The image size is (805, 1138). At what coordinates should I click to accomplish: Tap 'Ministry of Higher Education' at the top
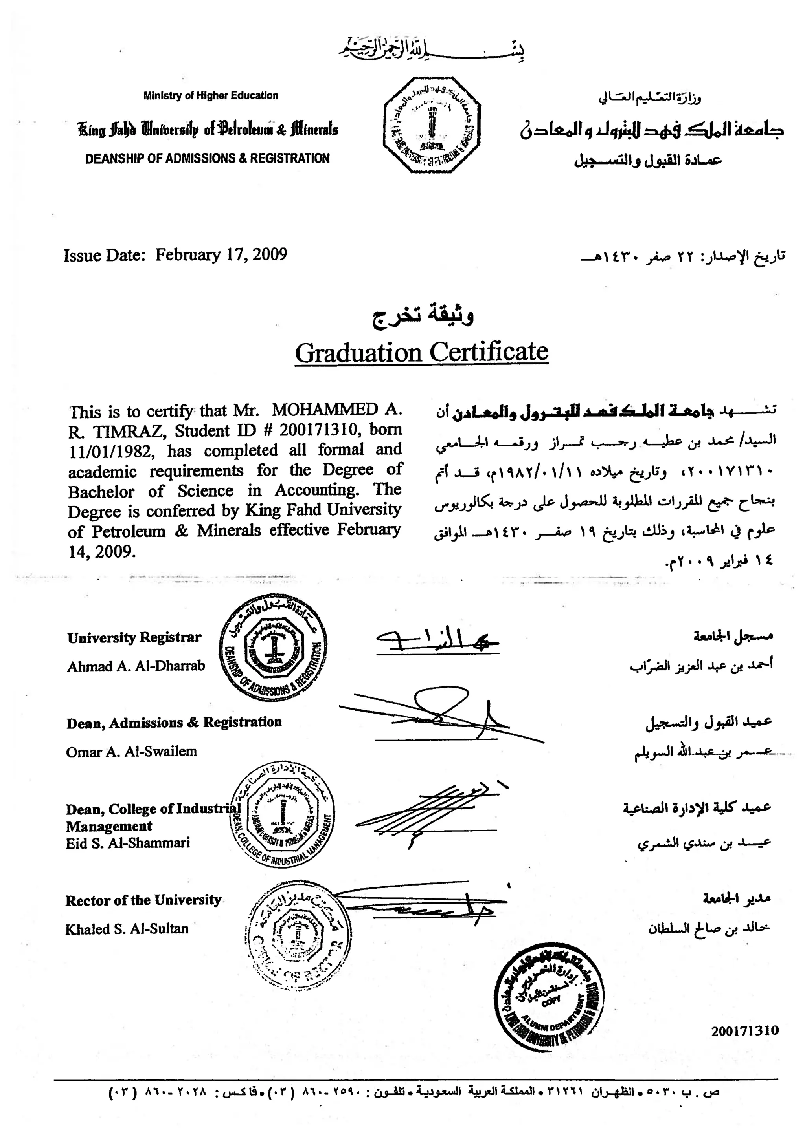click(x=211, y=96)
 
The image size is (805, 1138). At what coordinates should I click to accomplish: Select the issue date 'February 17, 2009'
click(x=221, y=255)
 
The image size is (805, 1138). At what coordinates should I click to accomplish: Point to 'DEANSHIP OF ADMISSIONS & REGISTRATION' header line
click(x=207, y=159)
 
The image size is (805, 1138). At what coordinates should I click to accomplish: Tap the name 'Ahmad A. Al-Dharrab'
click(x=136, y=666)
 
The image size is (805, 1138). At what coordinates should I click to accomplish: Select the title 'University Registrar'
click(x=134, y=637)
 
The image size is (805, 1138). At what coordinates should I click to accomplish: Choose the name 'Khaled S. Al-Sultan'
click(x=127, y=929)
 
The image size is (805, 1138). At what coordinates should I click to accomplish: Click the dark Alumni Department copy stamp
click(x=549, y=1002)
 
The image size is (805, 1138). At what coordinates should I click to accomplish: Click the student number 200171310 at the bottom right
click(x=745, y=1031)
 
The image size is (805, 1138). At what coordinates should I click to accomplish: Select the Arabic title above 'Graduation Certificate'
click(x=423, y=316)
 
